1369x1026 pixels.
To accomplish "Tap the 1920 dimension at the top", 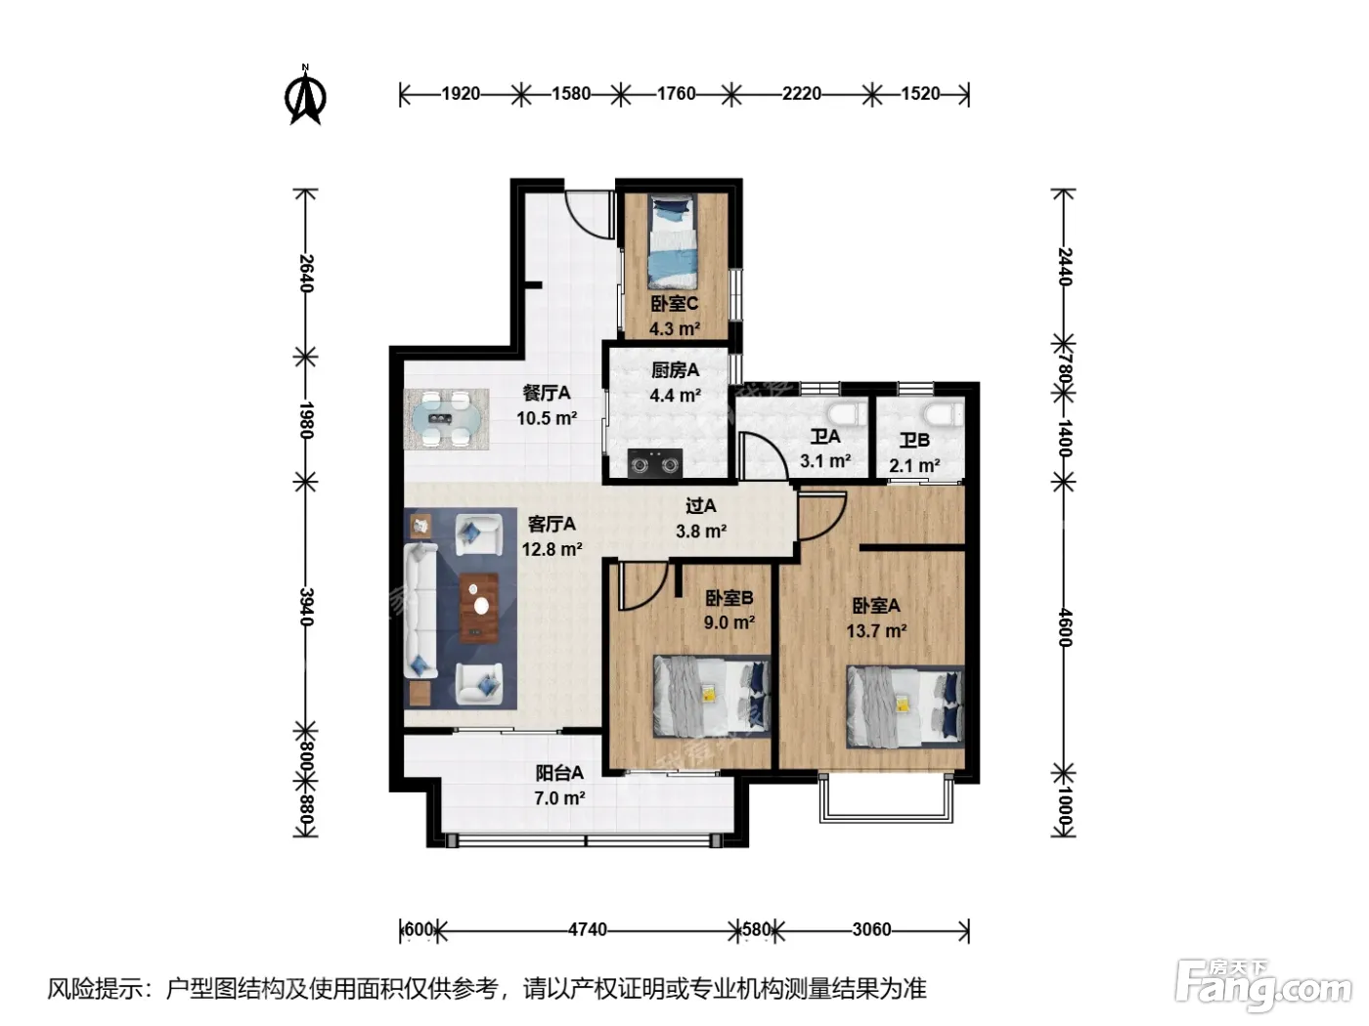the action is click(461, 94).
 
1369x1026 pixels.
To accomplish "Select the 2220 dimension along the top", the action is click(802, 94).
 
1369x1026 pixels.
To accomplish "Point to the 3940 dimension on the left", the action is click(306, 606).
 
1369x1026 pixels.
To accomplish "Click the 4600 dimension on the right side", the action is click(1065, 628).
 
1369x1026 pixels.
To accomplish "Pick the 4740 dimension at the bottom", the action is click(588, 929).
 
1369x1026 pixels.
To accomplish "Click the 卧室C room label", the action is click(674, 304).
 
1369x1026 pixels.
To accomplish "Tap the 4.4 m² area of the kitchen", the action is click(675, 395).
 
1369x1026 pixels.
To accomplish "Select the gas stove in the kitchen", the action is click(654, 463).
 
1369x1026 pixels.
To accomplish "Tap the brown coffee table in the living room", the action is click(479, 608).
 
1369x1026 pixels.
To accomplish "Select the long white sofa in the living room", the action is click(421, 609).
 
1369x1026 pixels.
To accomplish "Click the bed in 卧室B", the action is click(712, 696).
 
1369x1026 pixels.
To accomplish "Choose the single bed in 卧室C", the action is click(672, 241).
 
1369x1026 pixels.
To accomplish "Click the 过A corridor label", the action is click(700, 506).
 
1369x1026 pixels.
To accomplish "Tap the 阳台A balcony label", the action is click(559, 773).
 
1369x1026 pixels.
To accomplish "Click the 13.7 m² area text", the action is click(875, 631).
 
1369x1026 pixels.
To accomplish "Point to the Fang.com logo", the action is click(1263, 987).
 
